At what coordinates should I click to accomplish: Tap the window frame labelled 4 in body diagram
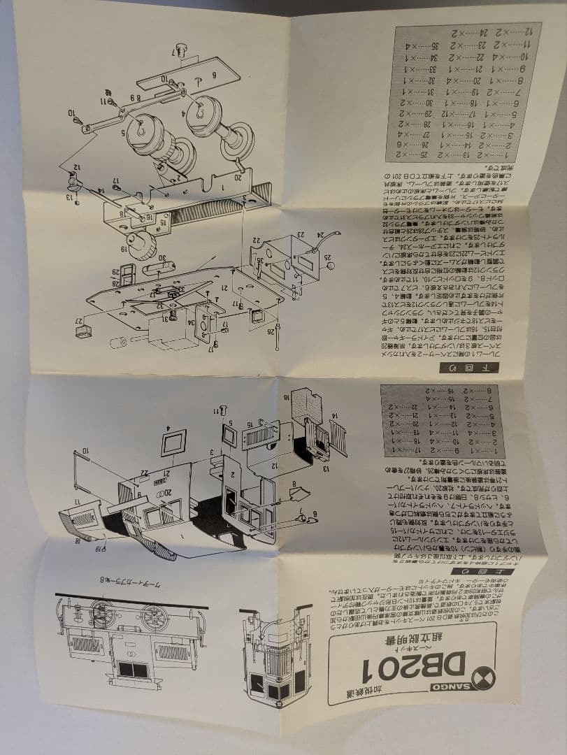pyautogui.click(x=173, y=442)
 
